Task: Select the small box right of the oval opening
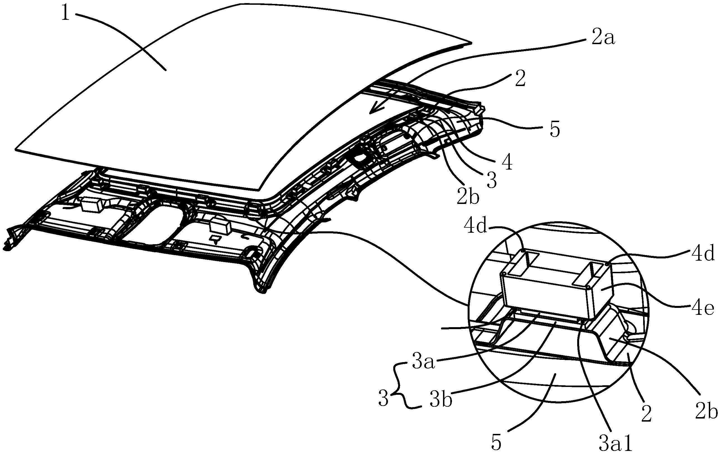click(x=220, y=225)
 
